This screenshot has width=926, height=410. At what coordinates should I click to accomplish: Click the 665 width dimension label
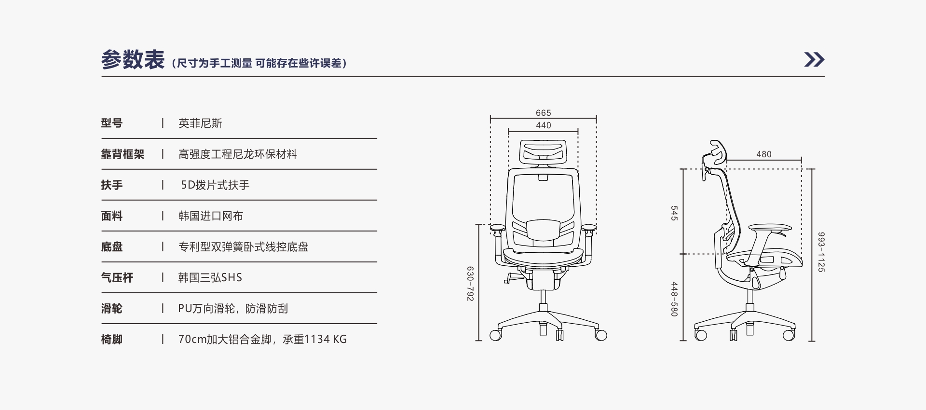click(x=543, y=113)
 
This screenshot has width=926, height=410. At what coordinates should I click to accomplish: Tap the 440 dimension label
click(x=543, y=125)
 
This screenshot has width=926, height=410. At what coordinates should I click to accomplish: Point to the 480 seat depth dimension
click(x=764, y=154)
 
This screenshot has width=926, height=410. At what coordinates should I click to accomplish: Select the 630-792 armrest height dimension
click(x=470, y=284)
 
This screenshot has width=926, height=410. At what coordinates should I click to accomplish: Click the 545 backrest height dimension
click(x=674, y=213)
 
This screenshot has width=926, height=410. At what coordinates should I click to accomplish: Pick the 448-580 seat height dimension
click(x=674, y=299)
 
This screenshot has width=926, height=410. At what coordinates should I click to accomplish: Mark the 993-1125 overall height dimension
click(x=821, y=252)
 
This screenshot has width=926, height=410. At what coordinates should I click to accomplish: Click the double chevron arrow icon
click(x=814, y=59)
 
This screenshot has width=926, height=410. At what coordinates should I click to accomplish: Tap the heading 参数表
click(x=133, y=60)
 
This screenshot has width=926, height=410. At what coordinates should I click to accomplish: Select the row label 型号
click(x=112, y=123)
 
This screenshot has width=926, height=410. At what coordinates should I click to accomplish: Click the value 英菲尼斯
click(x=200, y=123)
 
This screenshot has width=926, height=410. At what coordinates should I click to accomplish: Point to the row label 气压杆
click(x=117, y=278)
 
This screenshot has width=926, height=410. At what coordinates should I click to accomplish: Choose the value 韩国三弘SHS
click(x=210, y=278)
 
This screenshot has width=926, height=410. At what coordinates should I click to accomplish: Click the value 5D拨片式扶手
click(x=215, y=185)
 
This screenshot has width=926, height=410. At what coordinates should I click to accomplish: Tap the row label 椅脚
click(x=112, y=340)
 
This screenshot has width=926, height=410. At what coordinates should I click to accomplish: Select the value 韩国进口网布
click(x=211, y=216)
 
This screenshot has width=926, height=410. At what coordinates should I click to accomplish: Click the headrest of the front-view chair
click(x=543, y=151)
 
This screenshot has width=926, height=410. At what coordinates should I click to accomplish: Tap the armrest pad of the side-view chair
click(x=770, y=228)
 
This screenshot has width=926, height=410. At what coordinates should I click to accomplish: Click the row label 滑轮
click(x=112, y=309)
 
